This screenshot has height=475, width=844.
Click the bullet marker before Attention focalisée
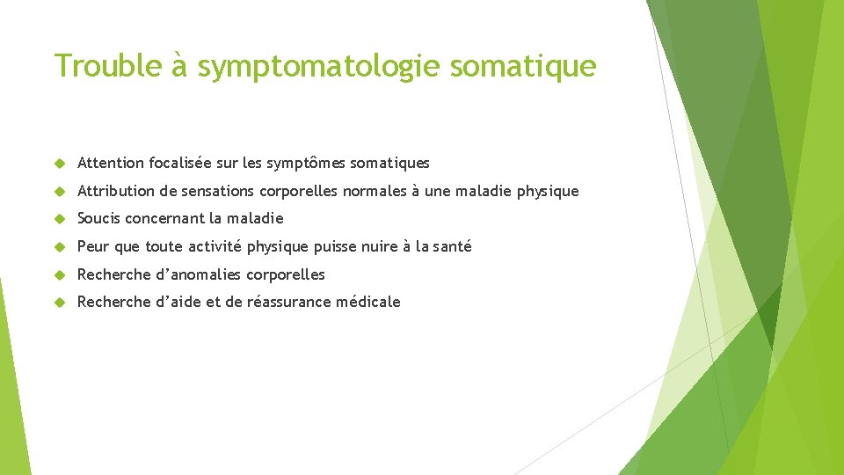point(60,163)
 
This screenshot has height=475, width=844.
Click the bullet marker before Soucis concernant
point(60,218)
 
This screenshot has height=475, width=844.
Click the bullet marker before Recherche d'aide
point(60,302)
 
